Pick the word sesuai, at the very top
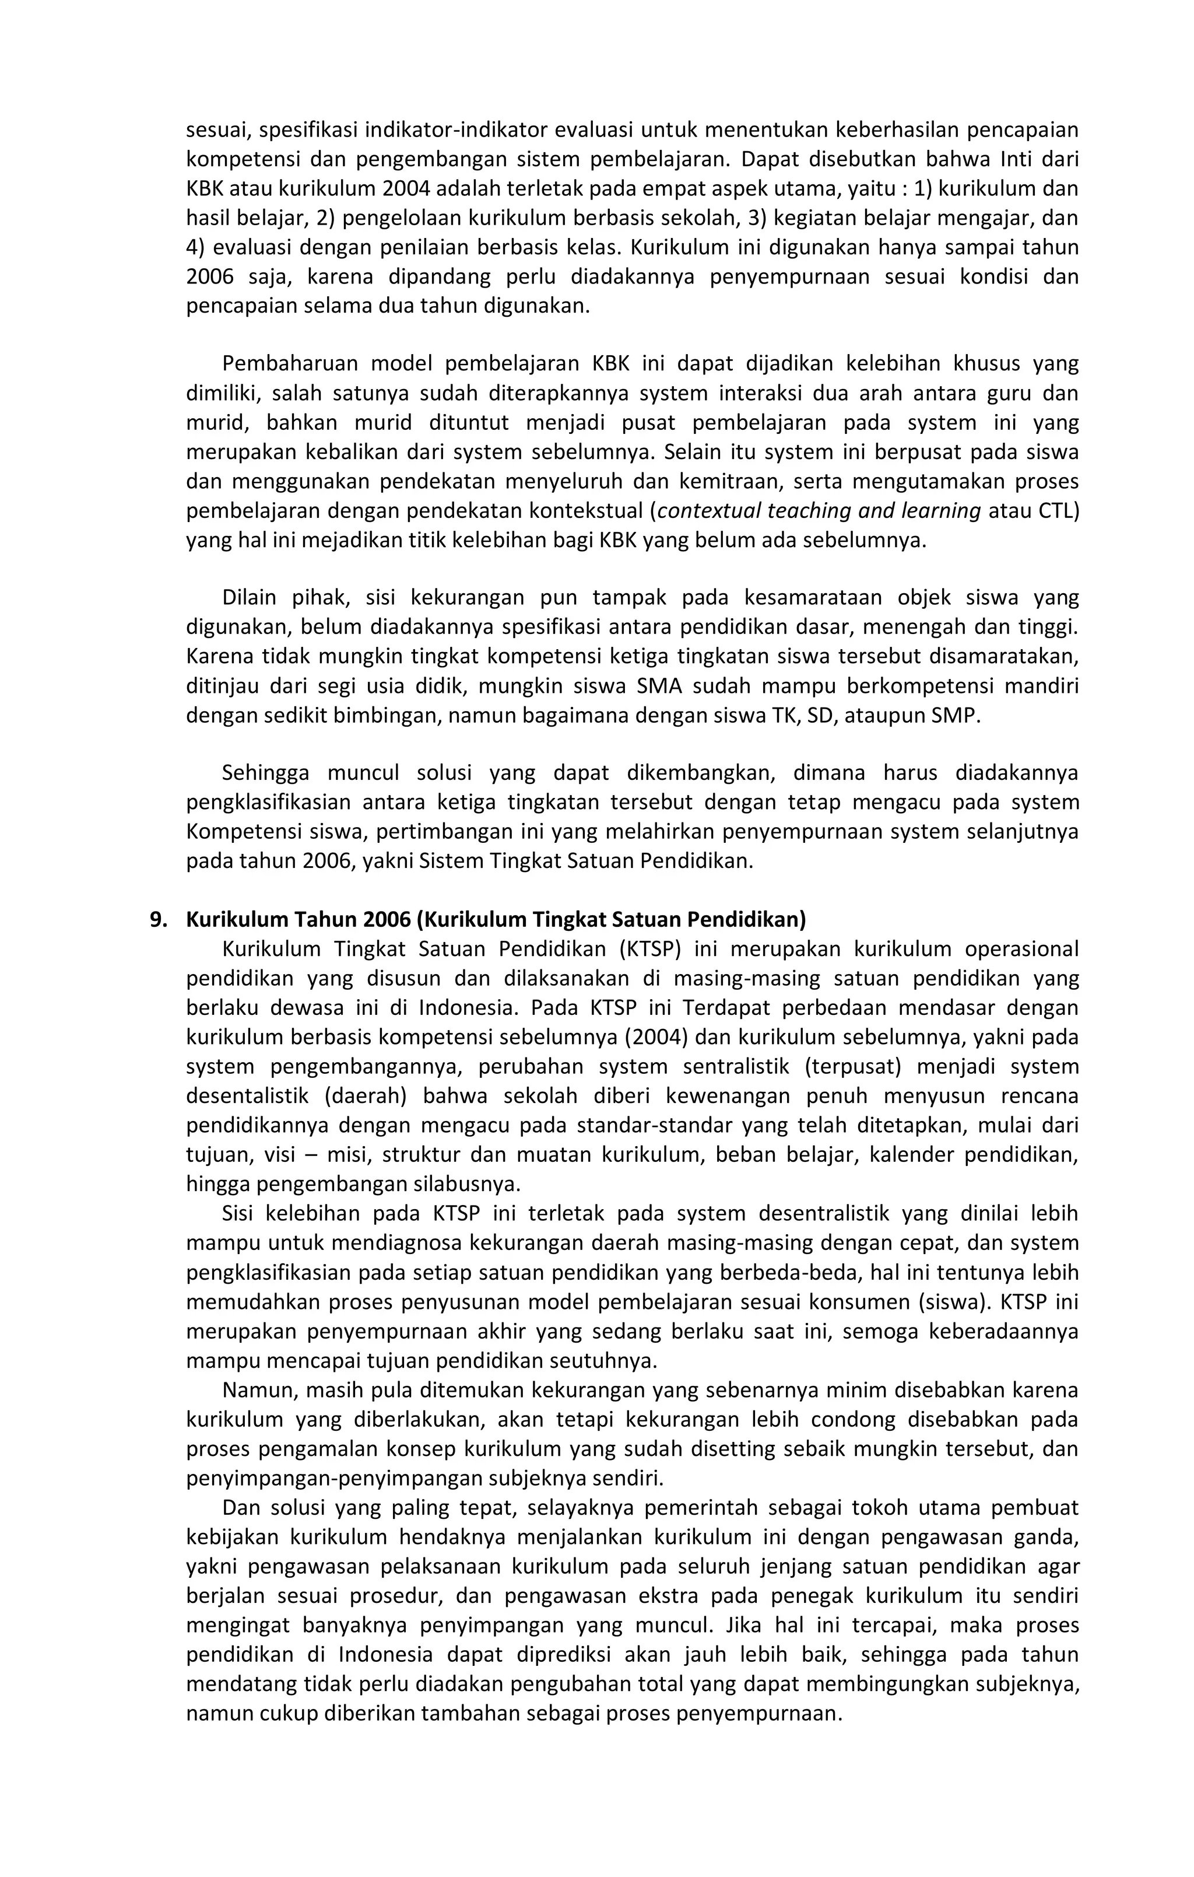click(215, 129)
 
